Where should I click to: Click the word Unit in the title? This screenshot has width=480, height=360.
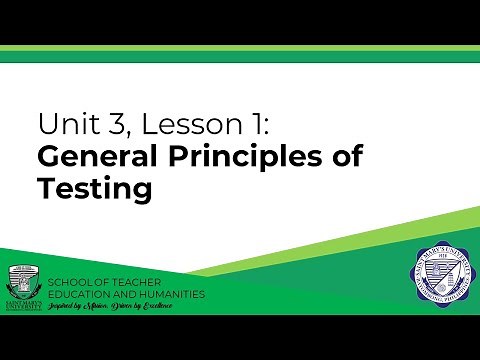click(62, 125)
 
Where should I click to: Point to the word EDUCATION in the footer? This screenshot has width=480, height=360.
click(85, 294)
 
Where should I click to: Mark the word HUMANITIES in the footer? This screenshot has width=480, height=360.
click(172, 294)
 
